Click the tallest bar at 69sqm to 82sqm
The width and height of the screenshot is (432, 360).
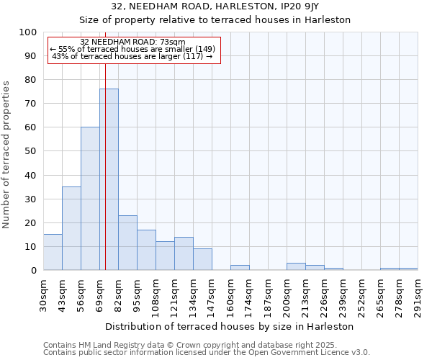(x=109, y=180)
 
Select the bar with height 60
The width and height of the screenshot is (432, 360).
(x=90, y=199)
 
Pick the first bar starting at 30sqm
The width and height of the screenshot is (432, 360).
(x=53, y=253)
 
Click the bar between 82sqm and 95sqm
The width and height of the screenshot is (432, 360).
(x=127, y=243)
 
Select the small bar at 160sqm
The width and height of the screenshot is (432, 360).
(x=240, y=268)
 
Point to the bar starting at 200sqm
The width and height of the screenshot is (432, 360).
(x=296, y=266)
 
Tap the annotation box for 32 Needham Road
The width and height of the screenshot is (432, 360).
(x=134, y=50)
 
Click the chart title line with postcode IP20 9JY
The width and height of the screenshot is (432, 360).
(x=216, y=6)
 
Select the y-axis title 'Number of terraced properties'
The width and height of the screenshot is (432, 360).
(x=6, y=154)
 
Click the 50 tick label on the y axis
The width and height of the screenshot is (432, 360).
(x=31, y=151)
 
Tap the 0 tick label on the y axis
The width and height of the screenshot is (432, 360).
(x=34, y=271)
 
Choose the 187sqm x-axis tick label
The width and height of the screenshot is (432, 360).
(x=268, y=294)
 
